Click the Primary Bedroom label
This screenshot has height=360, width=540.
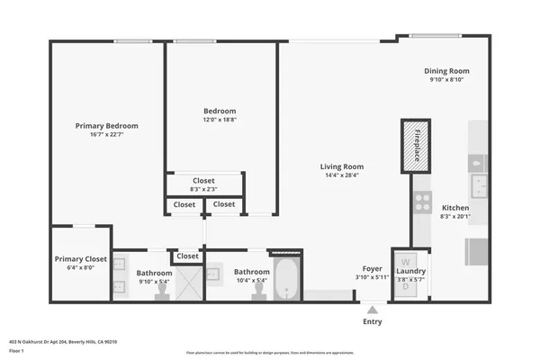point(106,126)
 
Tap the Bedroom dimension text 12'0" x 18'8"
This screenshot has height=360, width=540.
point(220,120)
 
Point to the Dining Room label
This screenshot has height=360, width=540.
point(446,71)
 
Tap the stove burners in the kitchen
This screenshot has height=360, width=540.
point(421,202)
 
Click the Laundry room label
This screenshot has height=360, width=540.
point(410,270)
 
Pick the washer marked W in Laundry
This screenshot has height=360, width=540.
point(404,262)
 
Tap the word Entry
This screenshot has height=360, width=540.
point(372,321)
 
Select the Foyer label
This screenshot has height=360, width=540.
point(372,268)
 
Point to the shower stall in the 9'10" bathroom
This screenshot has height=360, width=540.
point(185,284)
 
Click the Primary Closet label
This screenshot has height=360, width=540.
point(81,259)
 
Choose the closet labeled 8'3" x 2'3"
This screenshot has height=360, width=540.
point(203,184)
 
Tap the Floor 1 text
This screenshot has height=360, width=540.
point(16,351)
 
